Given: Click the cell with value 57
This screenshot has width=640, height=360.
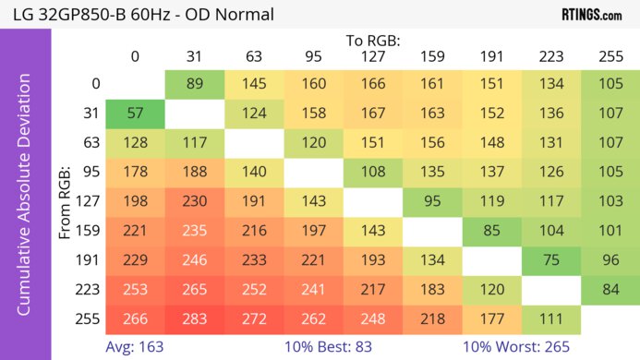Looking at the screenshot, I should [135, 114].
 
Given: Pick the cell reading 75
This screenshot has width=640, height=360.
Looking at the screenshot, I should [550, 261].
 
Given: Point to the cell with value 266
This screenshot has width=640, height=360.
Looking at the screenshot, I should [135, 320].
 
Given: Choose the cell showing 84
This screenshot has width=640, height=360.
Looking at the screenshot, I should [610, 291].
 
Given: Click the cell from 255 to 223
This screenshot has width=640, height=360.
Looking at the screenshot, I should [550, 320].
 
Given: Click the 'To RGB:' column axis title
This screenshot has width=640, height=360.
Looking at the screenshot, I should [372, 41].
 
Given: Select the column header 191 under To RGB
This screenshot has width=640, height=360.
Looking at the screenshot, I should [491, 56].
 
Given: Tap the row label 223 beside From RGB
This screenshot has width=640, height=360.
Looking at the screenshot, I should [91, 291].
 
